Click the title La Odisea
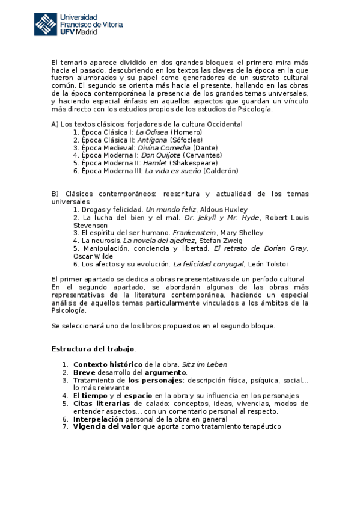click(152, 132)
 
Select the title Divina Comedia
click(163, 147)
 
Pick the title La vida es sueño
click(172, 171)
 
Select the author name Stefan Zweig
click(221, 241)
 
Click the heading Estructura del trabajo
click(93, 349)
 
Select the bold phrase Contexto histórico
click(108, 364)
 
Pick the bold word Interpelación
click(98, 419)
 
